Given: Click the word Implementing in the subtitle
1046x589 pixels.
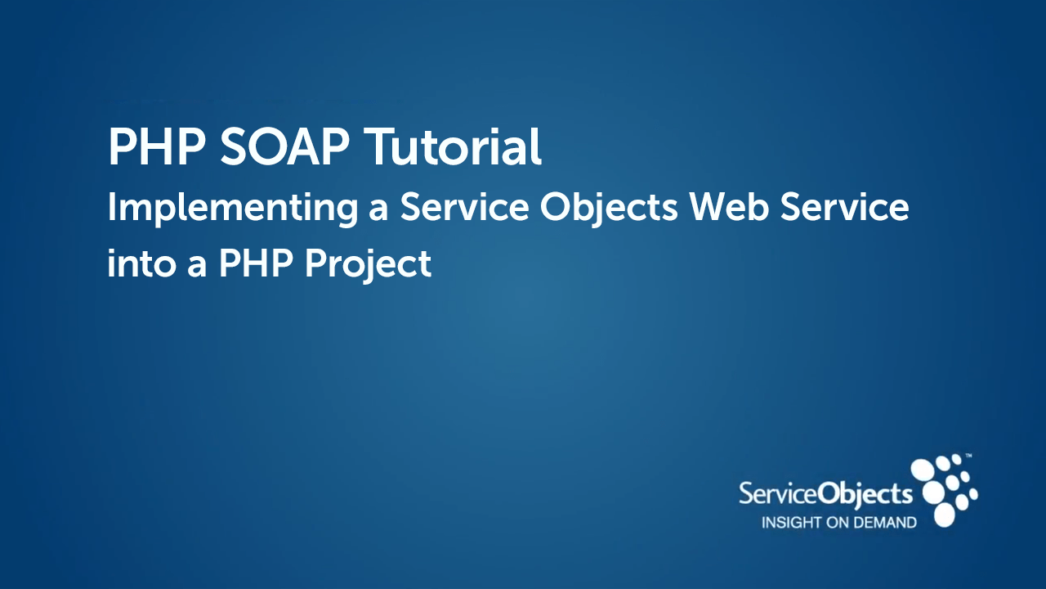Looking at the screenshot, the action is [233, 208].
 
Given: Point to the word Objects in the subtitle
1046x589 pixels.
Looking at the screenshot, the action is [609, 208].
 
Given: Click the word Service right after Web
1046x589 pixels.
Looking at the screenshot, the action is [845, 207].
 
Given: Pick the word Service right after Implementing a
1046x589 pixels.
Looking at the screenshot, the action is [464, 207].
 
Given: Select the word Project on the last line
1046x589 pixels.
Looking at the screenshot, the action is [368, 266].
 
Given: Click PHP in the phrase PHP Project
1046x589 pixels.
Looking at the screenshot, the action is [256, 263].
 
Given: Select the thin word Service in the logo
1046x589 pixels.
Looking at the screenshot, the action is [778, 494].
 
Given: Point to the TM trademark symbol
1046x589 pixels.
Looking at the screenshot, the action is [968, 455].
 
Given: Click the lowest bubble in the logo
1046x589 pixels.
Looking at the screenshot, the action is [944, 515].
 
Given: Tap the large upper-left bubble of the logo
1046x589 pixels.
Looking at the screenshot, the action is [923, 470].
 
